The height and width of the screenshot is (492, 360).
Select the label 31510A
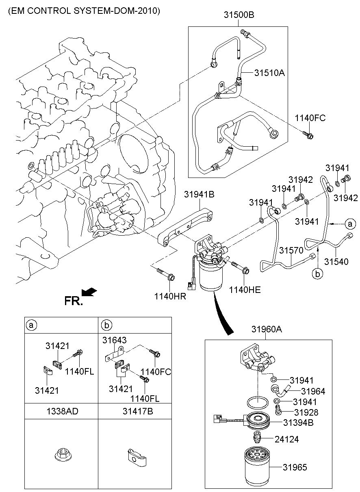(270, 73)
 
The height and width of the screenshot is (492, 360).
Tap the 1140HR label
(170, 296)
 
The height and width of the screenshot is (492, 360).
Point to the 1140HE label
(245, 290)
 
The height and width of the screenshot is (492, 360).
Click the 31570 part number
(288, 251)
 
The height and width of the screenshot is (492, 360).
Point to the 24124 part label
(286, 440)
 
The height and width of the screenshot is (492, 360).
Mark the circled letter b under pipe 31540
(318, 274)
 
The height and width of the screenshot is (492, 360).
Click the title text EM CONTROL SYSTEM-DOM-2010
(84, 11)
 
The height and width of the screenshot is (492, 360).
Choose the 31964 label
(313, 391)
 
